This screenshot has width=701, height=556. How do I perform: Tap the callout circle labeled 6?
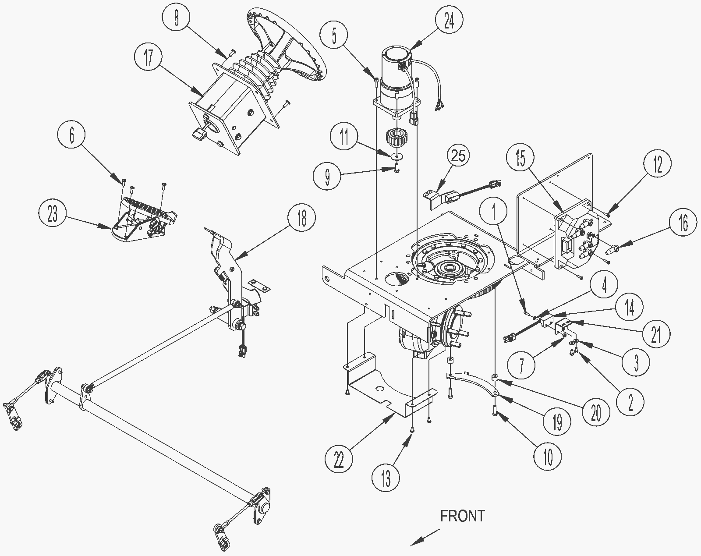point(71,134)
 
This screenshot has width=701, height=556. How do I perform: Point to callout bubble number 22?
point(339,460)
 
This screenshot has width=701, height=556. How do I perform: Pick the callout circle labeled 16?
point(683,223)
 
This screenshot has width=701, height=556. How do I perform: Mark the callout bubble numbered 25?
point(458,156)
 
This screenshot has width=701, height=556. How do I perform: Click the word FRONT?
point(463,516)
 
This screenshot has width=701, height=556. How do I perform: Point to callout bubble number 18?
point(302,218)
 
